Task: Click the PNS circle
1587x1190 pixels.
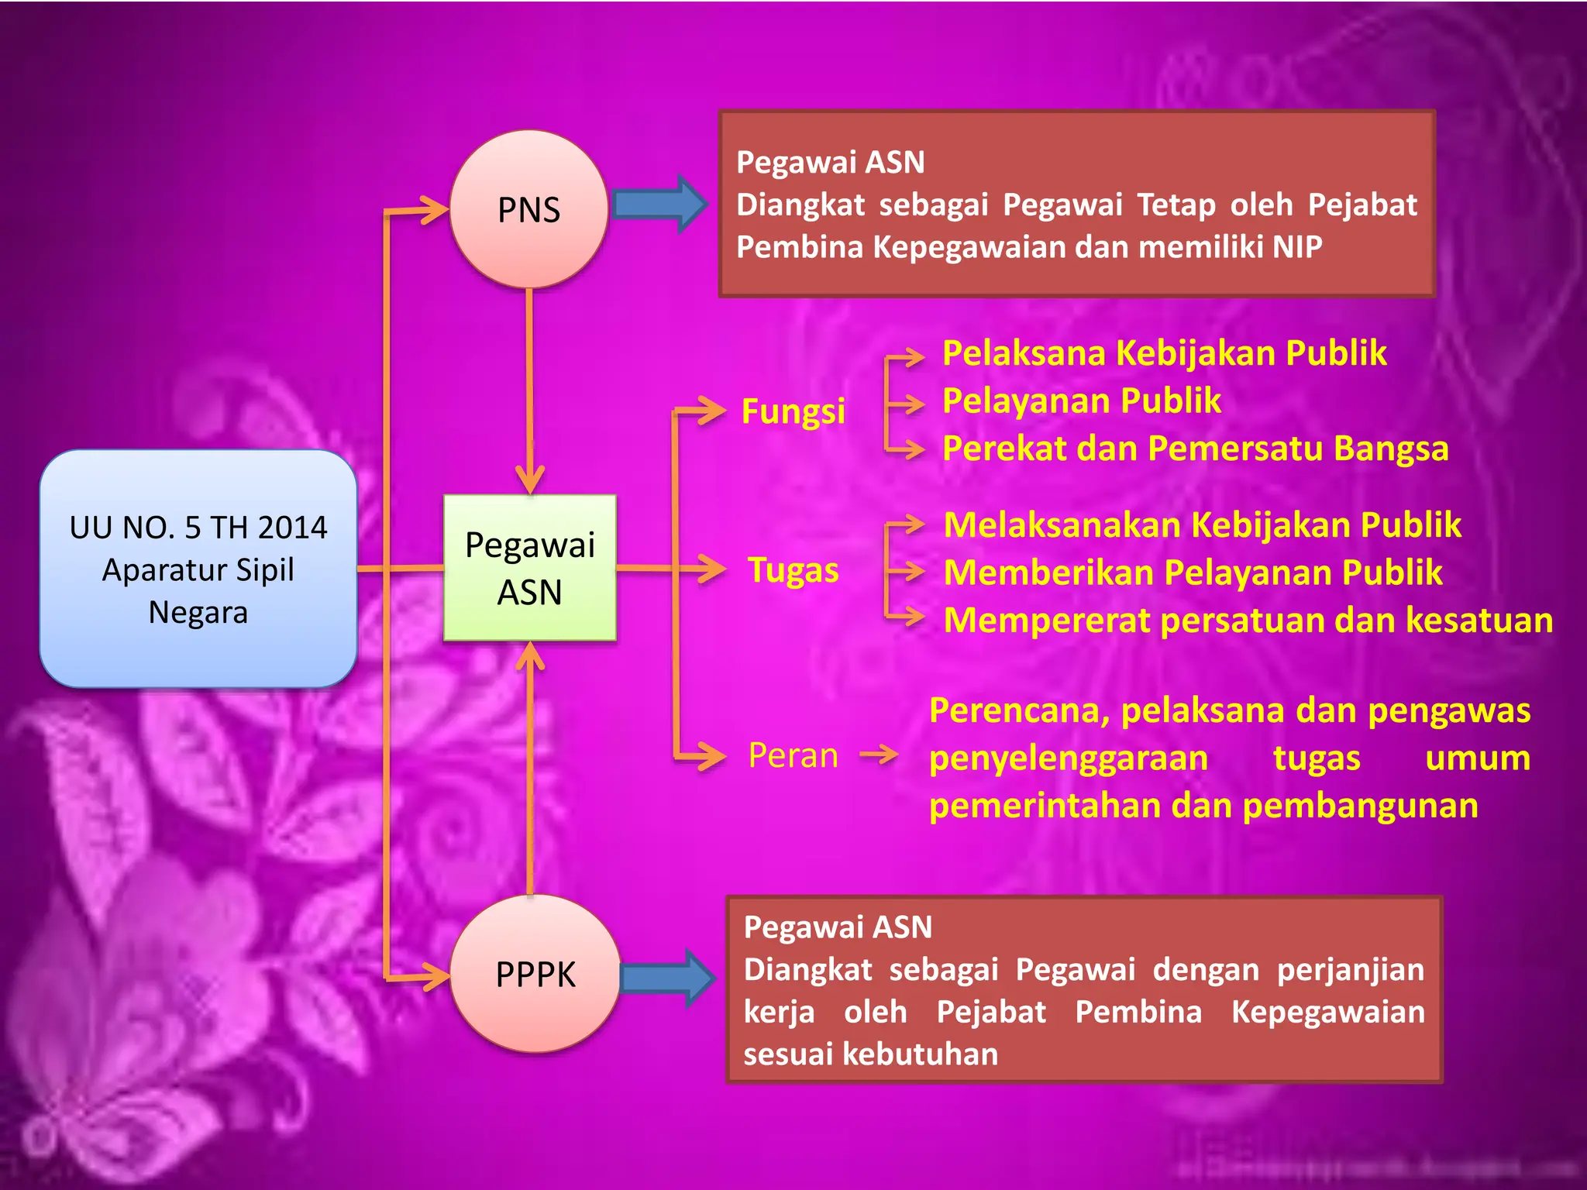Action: tap(528, 209)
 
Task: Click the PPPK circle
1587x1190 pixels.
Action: tap(535, 974)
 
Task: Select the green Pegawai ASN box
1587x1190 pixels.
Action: tap(530, 568)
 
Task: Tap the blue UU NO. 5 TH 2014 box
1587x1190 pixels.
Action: tap(198, 569)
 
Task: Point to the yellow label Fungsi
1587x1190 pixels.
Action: tap(793, 411)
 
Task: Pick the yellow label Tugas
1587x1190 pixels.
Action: tap(793, 570)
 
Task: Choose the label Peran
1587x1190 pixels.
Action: tap(793, 755)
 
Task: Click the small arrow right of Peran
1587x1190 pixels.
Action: tap(879, 753)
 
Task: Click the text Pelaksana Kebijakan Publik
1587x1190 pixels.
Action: tap(1164, 353)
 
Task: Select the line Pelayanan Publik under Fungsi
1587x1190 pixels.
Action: tap(1082, 401)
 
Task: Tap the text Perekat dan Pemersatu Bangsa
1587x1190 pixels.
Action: tap(1195, 449)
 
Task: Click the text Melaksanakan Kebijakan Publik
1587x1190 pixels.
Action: tap(1202, 525)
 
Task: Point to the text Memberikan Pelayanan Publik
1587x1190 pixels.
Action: tap(1193, 573)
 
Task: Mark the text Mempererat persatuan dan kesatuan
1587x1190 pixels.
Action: tap(1248, 621)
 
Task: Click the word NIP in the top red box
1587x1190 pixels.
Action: tap(1296, 247)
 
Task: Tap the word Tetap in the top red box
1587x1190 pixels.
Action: tap(1168, 205)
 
